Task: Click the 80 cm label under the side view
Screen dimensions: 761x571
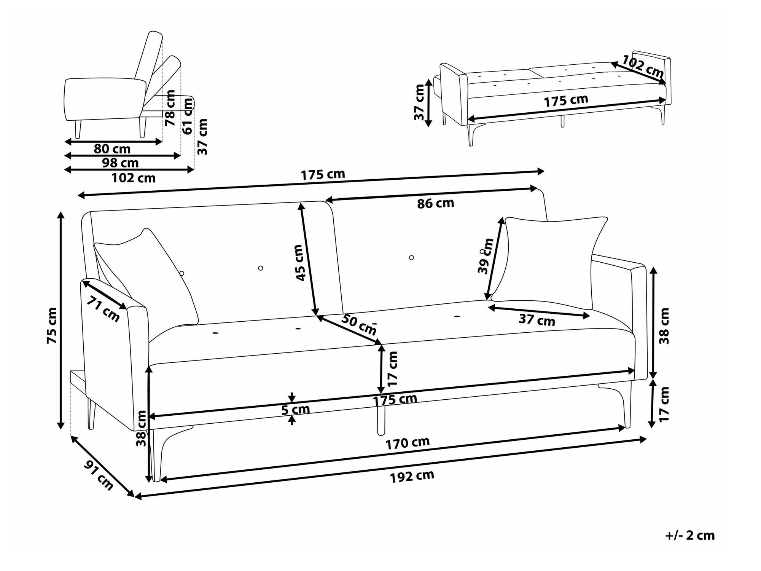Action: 112,149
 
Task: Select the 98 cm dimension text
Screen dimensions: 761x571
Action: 120,163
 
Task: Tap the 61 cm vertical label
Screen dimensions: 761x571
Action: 187,116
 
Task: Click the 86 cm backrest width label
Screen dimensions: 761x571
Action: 436,203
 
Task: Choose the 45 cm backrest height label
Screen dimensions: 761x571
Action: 301,263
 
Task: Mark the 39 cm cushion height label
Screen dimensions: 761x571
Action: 486,256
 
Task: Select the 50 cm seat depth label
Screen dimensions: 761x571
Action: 358,324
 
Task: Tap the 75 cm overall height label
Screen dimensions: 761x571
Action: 52,325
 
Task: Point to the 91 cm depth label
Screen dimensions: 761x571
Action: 99,475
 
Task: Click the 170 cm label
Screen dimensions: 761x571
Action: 408,443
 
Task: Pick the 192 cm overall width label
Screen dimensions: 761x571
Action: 412,476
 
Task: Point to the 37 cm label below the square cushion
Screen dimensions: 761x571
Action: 537,321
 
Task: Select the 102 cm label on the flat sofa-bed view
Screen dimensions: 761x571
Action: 643,65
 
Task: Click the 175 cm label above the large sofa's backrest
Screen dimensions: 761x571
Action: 323,175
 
